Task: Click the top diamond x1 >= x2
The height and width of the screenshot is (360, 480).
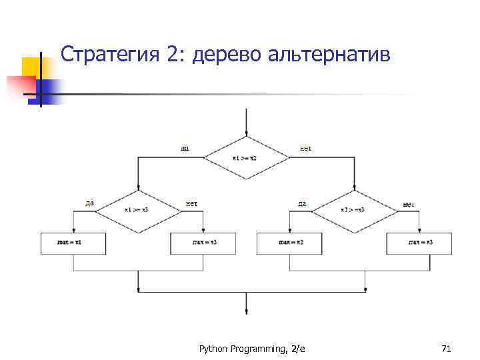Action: (247, 158)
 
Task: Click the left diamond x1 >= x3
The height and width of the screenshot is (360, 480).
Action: (138, 210)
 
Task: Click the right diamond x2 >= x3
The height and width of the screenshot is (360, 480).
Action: (354, 210)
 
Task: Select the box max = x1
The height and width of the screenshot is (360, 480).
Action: (73, 243)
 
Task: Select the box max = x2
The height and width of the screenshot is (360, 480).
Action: (289, 243)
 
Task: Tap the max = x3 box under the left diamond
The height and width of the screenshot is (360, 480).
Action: (204, 243)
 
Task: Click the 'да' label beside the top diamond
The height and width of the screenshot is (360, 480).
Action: (185, 148)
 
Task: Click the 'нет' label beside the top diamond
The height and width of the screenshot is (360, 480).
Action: (306, 148)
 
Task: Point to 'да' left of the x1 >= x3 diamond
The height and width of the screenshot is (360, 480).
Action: (89, 203)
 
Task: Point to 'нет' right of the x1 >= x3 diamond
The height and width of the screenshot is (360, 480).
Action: (191, 203)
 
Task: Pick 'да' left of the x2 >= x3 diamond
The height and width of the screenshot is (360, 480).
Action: (302, 203)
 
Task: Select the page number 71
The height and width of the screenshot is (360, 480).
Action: (447, 348)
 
